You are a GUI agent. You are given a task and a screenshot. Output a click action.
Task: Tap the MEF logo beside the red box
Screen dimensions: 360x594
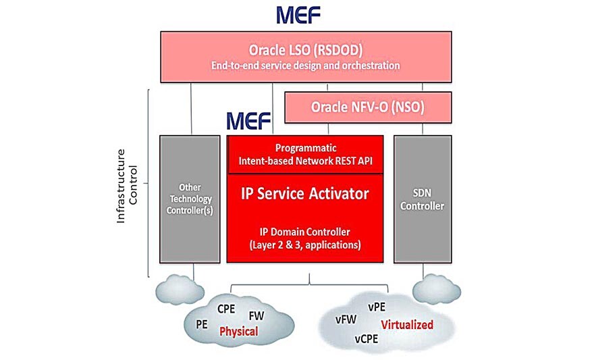[x=248, y=121]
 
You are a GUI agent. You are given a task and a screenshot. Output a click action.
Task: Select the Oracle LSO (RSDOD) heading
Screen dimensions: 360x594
[x=306, y=51]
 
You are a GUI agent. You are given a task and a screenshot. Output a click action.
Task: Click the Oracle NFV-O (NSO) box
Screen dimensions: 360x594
[x=368, y=107]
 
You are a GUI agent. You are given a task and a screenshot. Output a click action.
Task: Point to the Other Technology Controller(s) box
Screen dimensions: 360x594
[x=190, y=199]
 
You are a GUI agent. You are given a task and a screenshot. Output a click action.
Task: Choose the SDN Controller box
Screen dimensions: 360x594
[x=423, y=199]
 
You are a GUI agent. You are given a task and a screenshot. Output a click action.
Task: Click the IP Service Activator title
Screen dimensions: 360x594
[x=305, y=194]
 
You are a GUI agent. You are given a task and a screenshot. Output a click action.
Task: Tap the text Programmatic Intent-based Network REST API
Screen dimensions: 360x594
[x=305, y=154]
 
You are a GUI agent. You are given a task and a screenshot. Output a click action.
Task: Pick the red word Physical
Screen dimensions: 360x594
[x=238, y=332]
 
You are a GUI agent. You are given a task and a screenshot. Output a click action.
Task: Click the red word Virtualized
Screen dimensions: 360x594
[x=406, y=325]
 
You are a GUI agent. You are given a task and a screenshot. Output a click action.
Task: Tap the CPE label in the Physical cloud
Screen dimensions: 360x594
[x=225, y=309]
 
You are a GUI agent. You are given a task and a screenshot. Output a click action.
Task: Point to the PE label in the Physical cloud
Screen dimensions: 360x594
[x=201, y=324]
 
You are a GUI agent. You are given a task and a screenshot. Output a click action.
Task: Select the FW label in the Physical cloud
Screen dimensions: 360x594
[x=256, y=315]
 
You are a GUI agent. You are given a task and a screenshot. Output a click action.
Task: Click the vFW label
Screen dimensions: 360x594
[x=346, y=319]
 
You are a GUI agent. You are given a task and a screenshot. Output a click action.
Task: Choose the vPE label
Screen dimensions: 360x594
[x=377, y=307]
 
